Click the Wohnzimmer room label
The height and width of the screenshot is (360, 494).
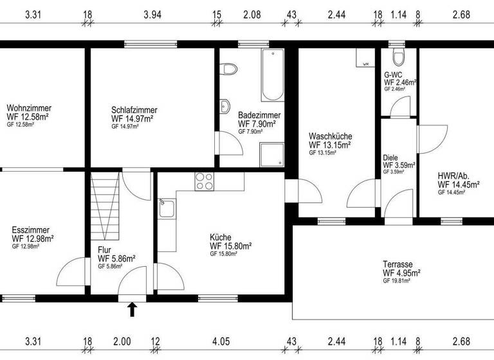[29, 108]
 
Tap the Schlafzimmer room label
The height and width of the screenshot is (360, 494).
[134, 110]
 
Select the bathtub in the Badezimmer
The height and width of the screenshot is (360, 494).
[272, 75]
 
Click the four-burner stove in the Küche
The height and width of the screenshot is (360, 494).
[205, 181]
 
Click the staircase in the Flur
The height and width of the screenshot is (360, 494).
[103, 204]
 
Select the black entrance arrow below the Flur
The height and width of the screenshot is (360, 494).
[133, 310]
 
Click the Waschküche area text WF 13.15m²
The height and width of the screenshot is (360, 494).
[329, 145]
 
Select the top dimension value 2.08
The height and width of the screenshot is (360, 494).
[252, 15]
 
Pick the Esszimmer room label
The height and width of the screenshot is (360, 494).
[30, 230]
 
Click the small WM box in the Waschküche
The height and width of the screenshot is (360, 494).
[365, 64]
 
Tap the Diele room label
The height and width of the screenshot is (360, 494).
[390, 157]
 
